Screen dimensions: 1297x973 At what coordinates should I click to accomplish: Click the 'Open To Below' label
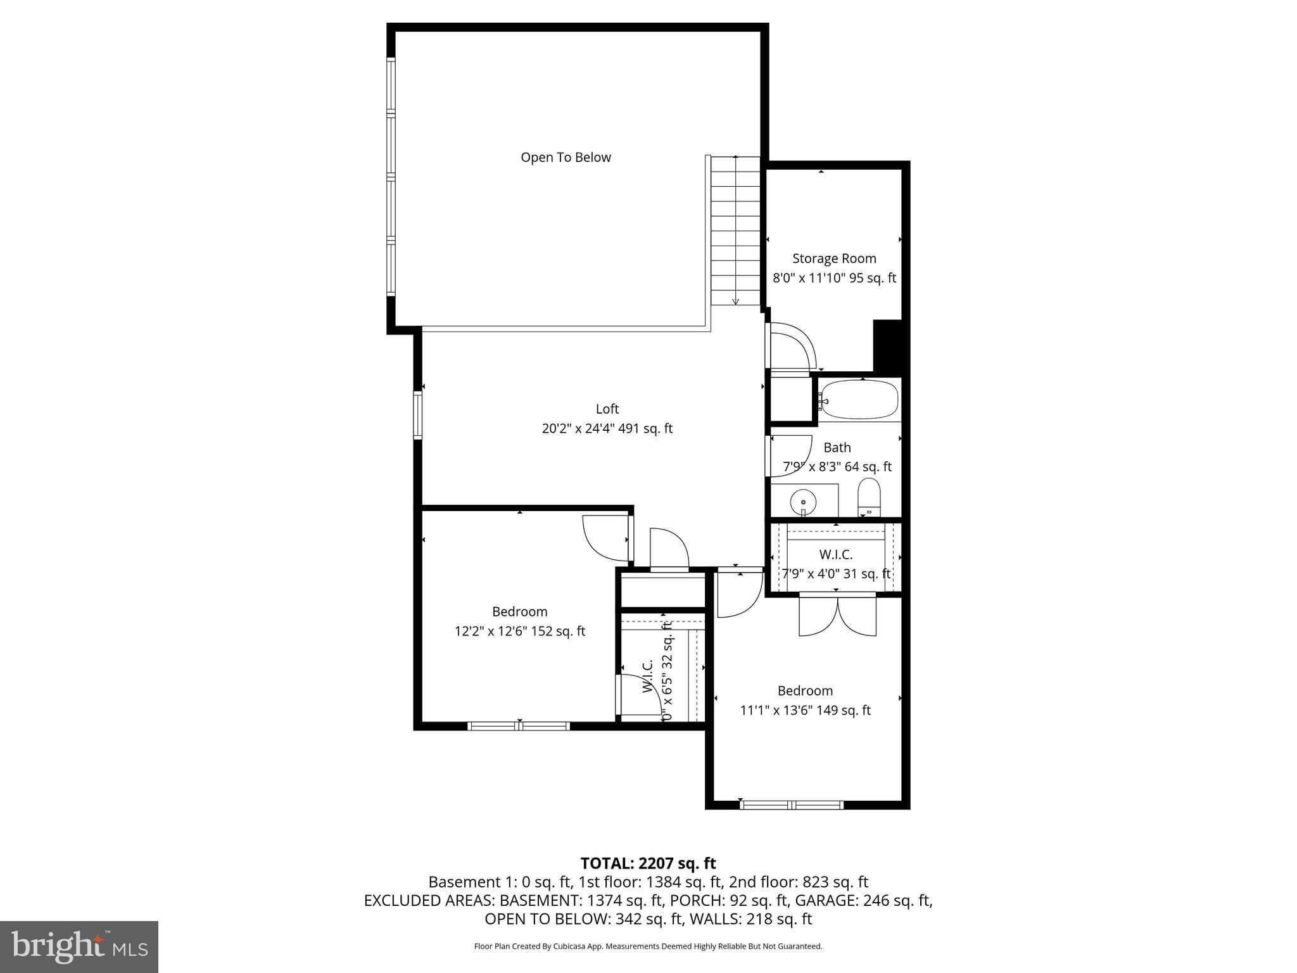coord(566,157)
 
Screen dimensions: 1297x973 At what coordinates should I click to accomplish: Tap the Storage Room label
coord(834,258)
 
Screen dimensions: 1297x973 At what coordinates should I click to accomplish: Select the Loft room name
coord(607,409)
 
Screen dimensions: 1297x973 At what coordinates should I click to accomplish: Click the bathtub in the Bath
coord(859,399)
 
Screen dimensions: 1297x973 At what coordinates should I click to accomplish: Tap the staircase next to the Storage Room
coord(735,231)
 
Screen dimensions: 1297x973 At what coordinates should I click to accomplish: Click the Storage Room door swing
coord(792,346)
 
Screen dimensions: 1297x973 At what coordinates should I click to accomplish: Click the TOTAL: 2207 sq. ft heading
coord(648,863)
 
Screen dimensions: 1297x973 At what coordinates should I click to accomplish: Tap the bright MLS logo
coord(79,946)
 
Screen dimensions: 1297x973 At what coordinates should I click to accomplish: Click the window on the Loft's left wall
coord(418,415)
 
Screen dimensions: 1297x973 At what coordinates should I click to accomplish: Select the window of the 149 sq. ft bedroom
coord(792,805)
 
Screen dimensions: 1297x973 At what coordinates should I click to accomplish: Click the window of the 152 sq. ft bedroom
coord(519,726)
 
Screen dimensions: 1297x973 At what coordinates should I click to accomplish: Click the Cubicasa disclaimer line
coord(648,946)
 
